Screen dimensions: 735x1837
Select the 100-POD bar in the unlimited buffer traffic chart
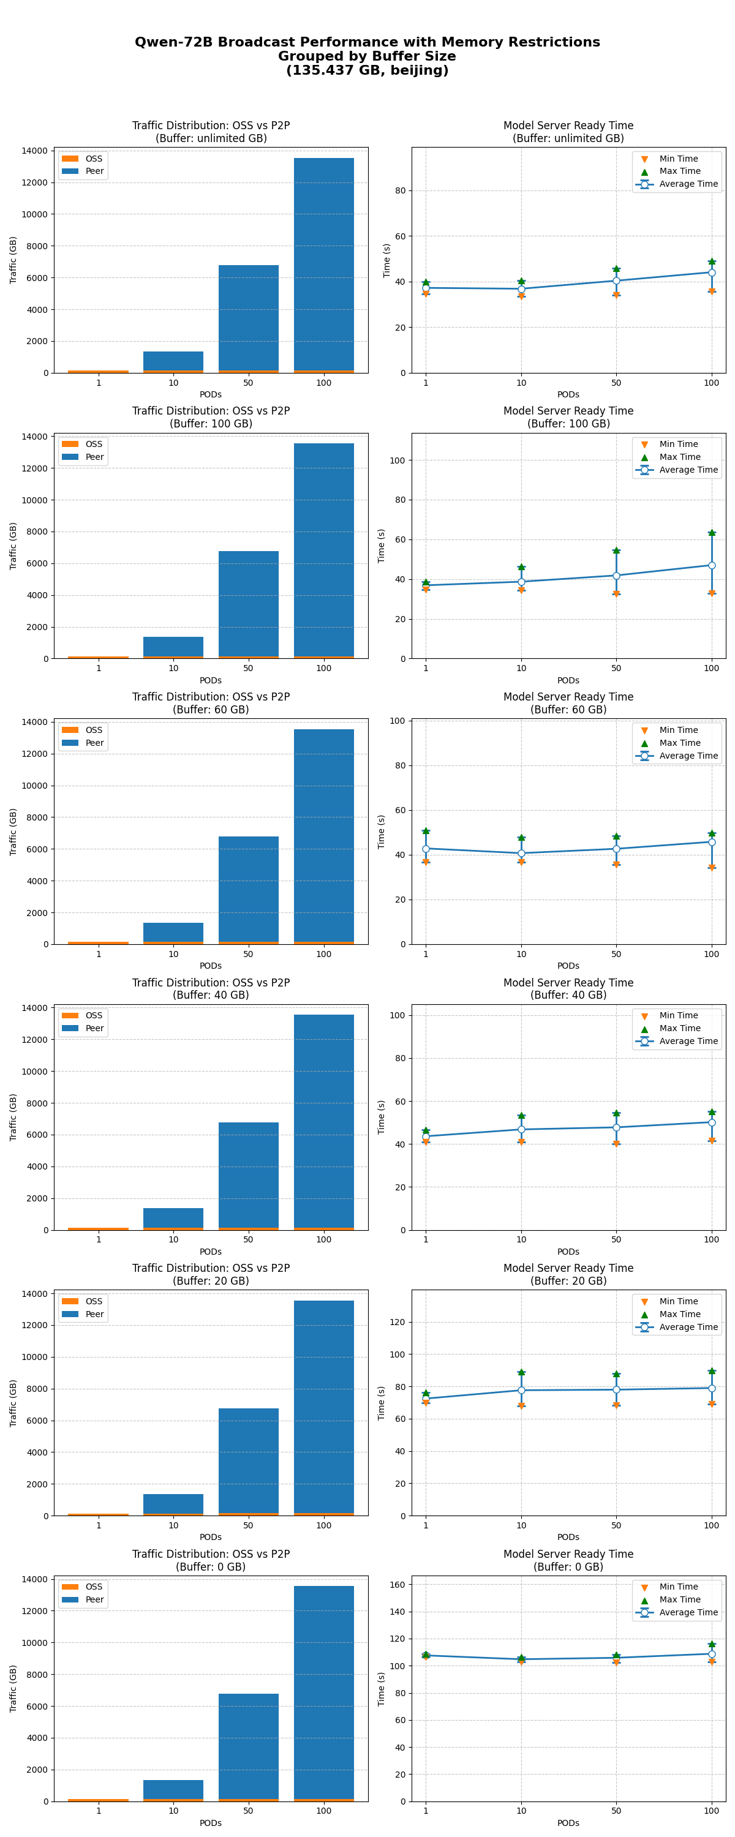[x=324, y=265]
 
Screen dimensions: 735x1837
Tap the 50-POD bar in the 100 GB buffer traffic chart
[x=248, y=605]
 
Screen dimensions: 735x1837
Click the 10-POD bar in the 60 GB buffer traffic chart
[x=173, y=933]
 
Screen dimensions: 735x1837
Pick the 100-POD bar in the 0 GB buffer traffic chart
[x=324, y=1693]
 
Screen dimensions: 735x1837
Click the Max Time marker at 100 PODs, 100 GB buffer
[x=712, y=533]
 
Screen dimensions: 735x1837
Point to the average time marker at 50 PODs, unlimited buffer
[x=616, y=281]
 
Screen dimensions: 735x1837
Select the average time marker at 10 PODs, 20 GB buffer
[x=521, y=1390]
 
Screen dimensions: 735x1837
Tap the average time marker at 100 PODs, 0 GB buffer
[x=712, y=1654]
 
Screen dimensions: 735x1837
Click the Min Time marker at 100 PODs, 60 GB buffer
[x=712, y=868]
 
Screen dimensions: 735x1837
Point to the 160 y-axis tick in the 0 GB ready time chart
[x=398, y=1585]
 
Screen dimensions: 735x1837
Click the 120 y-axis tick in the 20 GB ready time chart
[x=398, y=1322]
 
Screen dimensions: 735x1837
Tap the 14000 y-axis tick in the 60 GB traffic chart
[x=34, y=722]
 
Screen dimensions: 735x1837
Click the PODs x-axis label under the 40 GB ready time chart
[x=568, y=1252]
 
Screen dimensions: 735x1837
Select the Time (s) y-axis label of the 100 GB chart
[x=381, y=546]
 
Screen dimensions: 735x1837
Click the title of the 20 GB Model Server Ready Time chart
[x=568, y=1274]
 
